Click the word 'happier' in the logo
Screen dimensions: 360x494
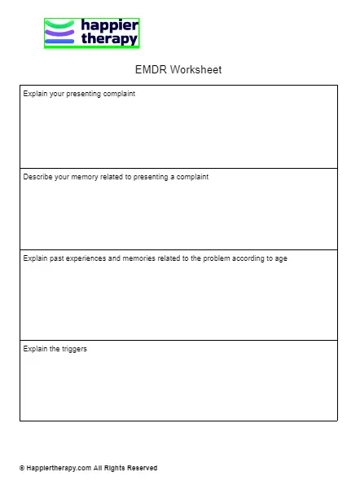pos(109,25)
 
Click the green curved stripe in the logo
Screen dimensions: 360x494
pos(59,24)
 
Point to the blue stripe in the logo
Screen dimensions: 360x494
pos(59,41)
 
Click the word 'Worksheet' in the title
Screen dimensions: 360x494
pos(195,70)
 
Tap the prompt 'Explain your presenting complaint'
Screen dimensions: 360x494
pos(79,94)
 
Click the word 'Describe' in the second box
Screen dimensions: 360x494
pos(37,177)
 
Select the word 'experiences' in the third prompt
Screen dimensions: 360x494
pos(85,258)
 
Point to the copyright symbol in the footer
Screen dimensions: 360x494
pos(22,469)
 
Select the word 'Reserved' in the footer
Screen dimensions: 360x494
pos(142,469)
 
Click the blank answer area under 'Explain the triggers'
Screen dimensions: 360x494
pos(178,387)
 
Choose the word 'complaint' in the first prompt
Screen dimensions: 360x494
pos(118,94)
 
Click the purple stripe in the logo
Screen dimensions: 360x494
pos(59,33)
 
